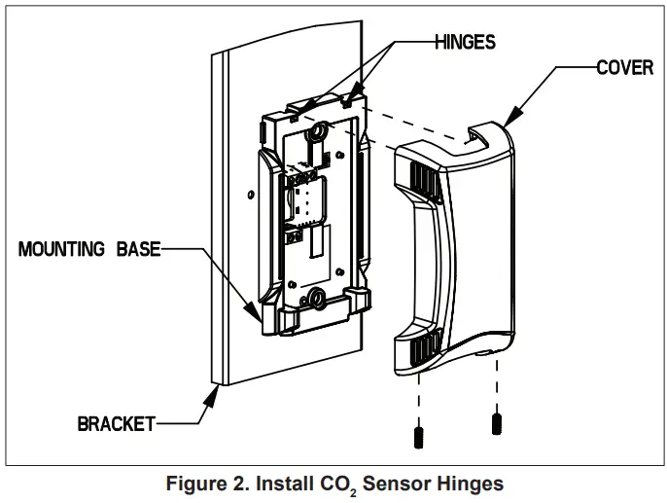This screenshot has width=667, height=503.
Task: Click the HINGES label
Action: point(465,42)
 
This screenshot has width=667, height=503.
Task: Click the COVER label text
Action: point(624,69)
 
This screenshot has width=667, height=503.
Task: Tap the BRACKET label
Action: point(116,423)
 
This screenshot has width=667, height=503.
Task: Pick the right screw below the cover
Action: point(496,422)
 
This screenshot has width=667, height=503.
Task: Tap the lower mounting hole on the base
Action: point(318,297)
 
